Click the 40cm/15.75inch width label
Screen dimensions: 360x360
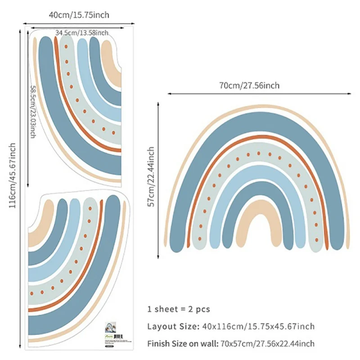pos(79,15)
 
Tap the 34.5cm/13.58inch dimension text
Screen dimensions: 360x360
pos(81,33)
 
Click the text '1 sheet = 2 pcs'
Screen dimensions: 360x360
pos(179,309)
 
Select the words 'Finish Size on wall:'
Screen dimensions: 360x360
pos(182,344)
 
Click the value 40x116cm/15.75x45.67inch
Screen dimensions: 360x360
pos(257,326)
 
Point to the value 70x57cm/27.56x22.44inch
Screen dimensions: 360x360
pos(267,344)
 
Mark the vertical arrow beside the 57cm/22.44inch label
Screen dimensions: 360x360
pos(159,177)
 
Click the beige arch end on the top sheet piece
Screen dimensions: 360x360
pos(112,63)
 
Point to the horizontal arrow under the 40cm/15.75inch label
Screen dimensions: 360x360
pos(79,24)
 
